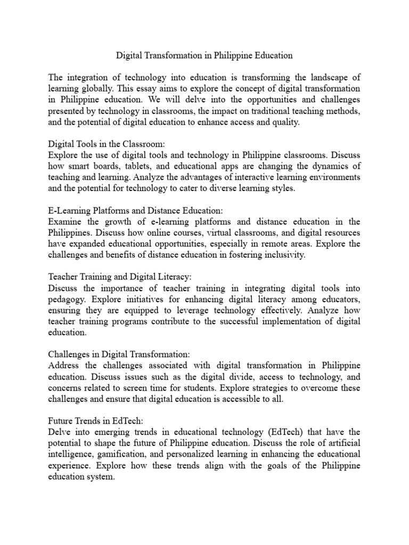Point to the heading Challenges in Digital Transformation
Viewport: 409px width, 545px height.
[x=119, y=354]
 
